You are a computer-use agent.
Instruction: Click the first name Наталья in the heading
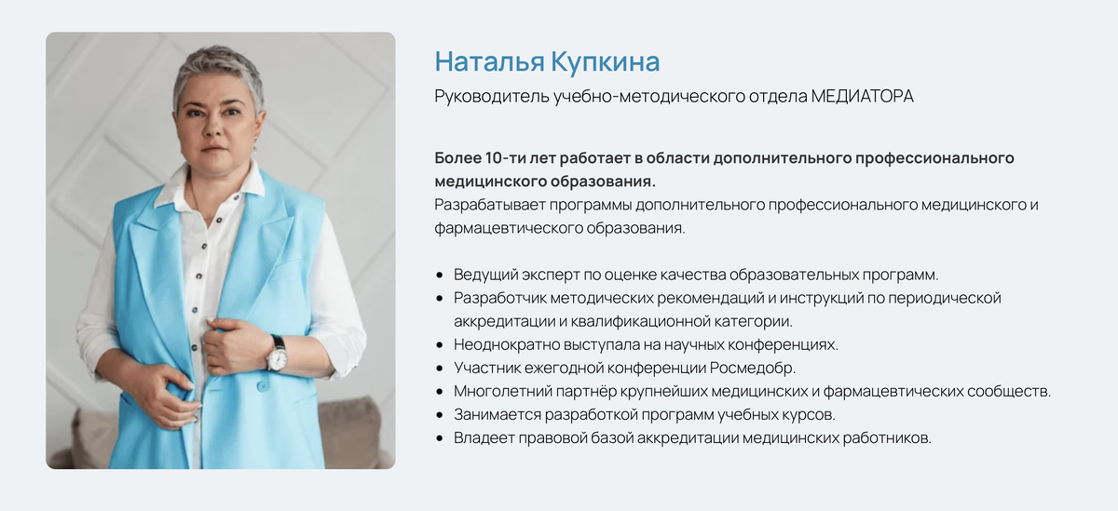tap(486, 62)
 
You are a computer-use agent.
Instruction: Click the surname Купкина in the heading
tap(606, 62)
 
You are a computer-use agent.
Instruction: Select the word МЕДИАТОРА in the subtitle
tap(862, 97)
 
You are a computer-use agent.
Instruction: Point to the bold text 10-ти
tap(510, 157)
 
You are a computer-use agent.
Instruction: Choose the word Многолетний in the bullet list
tap(500, 391)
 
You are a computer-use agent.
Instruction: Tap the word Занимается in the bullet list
tap(495, 414)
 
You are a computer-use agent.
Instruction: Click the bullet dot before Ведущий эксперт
tap(440, 276)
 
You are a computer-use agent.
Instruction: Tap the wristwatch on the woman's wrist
tap(277, 353)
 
